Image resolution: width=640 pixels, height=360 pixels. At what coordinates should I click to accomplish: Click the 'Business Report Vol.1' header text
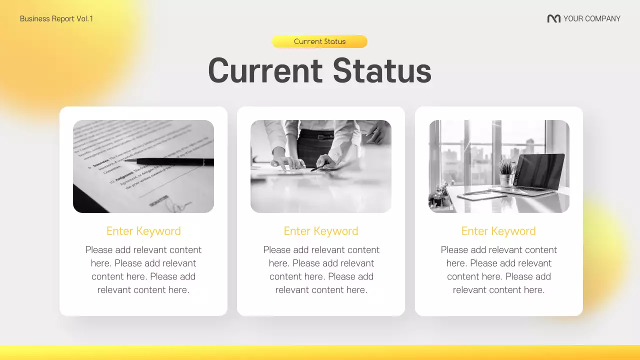(56, 19)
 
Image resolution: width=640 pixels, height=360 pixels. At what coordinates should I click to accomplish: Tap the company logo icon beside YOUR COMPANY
(553, 19)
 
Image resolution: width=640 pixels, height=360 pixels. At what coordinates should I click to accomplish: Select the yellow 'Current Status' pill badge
(319, 41)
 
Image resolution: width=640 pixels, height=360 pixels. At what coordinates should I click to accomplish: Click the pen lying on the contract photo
(170, 161)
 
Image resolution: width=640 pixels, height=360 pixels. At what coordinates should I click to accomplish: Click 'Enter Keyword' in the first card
(143, 231)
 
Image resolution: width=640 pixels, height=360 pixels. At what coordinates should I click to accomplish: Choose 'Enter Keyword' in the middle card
(321, 231)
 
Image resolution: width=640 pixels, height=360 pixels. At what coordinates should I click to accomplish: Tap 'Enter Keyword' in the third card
(498, 231)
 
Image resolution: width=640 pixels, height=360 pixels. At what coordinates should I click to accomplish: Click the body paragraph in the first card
(143, 269)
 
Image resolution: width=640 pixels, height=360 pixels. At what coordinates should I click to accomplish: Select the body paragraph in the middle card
(321, 269)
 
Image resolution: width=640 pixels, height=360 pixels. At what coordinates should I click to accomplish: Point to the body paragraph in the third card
(498, 269)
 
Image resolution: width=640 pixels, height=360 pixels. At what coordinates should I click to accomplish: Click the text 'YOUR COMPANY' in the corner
(591, 19)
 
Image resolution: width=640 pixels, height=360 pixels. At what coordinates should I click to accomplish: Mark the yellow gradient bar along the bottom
(320, 352)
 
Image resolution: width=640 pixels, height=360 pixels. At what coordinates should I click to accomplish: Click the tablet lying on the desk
(481, 196)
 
